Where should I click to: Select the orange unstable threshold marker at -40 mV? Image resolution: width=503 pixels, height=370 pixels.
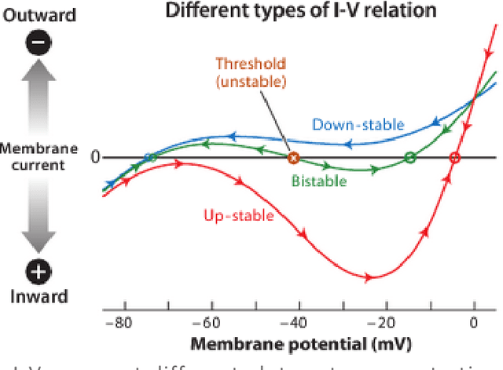[293, 158]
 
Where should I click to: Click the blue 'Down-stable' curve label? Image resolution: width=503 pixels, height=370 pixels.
[358, 124]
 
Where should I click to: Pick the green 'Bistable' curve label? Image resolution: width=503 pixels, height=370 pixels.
[318, 181]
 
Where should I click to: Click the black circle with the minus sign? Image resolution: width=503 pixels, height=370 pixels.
[39, 44]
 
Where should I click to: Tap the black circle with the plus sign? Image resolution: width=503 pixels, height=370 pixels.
[39, 272]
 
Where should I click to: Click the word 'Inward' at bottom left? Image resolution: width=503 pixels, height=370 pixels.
[39, 297]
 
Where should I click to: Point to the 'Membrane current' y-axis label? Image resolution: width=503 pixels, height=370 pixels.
[39, 157]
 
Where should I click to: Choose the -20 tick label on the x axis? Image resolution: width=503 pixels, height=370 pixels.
[383, 322]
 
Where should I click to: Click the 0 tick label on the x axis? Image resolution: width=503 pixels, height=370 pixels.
[474, 322]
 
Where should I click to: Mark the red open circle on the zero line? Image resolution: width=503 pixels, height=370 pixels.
[453, 158]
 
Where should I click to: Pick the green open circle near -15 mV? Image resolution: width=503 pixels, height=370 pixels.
[409, 158]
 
